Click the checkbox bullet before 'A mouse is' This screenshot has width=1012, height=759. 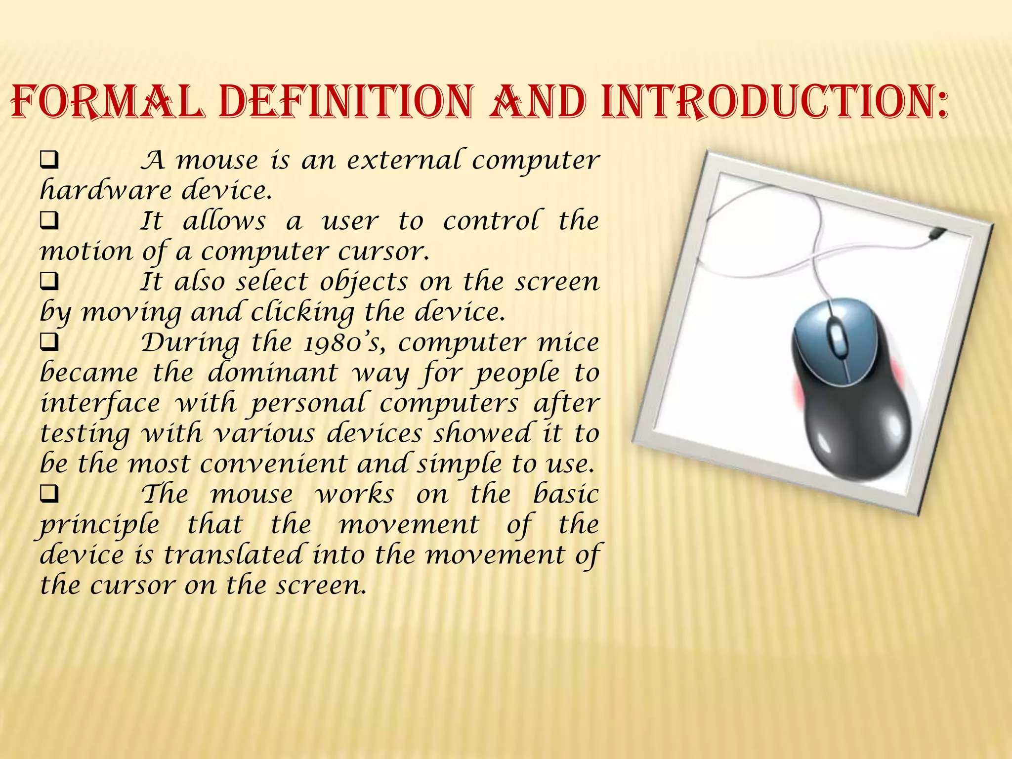tap(49, 161)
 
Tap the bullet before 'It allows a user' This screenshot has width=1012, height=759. tap(49, 221)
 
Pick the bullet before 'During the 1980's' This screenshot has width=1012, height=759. tap(49, 343)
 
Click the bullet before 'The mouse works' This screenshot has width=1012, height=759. tap(49, 494)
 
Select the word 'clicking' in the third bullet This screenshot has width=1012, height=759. tap(302, 313)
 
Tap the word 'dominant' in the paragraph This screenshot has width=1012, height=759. tap(272, 373)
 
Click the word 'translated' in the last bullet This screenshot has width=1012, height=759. tap(233, 555)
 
